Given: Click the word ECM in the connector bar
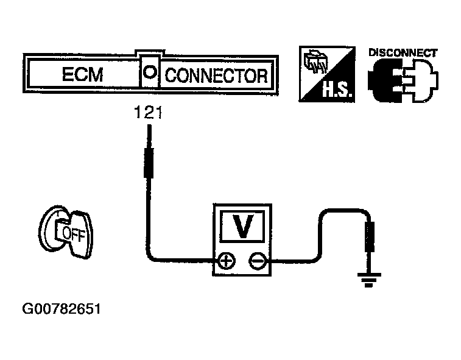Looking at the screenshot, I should tap(82, 76).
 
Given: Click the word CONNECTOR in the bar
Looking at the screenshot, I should tap(216, 76).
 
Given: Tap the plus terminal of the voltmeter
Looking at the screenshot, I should tap(227, 262).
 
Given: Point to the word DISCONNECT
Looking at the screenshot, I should tap(403, 52).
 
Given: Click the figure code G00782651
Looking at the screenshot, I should tap(61, 309).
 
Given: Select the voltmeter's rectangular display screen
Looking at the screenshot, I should tap(243, 227).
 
